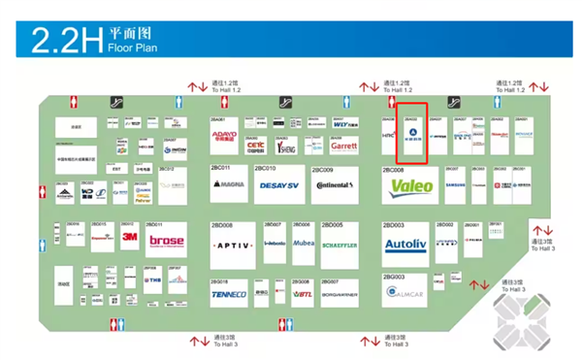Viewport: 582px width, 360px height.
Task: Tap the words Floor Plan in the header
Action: (x=132, y=47)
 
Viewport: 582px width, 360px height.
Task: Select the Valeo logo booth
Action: (x=411, y=185)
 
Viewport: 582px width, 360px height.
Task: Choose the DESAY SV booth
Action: (x=279, y=184)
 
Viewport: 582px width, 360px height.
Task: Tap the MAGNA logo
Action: (x=230, y=184)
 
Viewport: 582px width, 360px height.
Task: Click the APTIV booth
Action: (x=232, y=245)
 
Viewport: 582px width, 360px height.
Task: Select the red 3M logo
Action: (x=130, y=237)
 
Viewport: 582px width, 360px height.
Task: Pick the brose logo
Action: (x=166, y=241)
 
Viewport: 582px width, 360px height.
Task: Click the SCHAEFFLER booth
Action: (x=345, y=245)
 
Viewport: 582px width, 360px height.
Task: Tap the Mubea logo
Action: (x=303, y=244)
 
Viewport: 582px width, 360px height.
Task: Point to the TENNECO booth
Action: (x=229, y=294)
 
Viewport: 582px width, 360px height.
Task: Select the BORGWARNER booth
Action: (x=339, y=294)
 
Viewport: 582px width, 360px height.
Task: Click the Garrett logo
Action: (x=344, y=147)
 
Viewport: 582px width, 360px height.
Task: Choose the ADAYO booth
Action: (x=224, y=137)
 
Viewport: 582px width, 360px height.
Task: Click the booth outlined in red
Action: (x=413, y=133)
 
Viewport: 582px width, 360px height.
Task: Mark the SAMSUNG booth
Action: (x=456, y=184)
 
